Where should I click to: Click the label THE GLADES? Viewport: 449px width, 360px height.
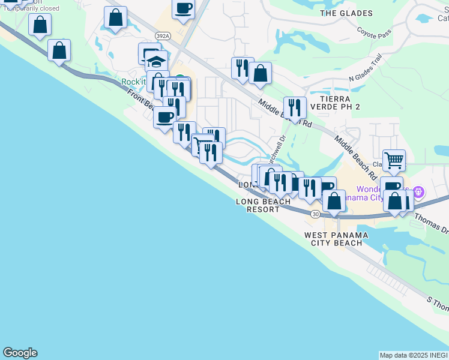pos(346,13)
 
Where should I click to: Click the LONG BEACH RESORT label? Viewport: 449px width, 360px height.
pos(263,205)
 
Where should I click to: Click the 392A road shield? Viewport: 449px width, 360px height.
pos(162,36)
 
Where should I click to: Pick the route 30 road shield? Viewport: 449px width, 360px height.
pos(315,214)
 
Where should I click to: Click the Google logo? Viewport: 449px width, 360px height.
pos(20,353)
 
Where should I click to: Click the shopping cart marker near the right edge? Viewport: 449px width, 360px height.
pos(394,160)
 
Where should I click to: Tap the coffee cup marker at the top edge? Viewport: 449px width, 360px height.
pos(184,8)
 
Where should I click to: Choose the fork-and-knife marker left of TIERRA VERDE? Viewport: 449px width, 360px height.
pos(295,107)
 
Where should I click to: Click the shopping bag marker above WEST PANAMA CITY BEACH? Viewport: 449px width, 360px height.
pos(334,200)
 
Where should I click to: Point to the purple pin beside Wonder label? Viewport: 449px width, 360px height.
pos(418,193)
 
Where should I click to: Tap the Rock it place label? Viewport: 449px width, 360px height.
pos(133,82)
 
